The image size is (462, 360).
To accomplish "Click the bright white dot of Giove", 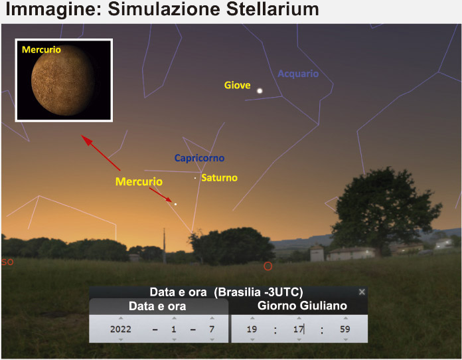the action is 260,91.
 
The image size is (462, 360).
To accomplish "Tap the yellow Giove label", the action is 238,85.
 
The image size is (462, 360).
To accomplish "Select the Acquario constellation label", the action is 298,74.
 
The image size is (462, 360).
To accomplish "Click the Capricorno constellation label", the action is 200,158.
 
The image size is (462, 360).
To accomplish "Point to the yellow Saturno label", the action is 220,178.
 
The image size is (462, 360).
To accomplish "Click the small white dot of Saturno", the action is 195,178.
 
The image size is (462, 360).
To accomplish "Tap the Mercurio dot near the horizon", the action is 176,204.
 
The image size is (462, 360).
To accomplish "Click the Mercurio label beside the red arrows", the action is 139,181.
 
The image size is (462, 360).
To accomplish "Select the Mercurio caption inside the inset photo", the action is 42,50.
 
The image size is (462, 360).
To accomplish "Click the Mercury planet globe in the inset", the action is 63,80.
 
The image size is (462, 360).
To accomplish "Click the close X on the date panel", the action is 362,292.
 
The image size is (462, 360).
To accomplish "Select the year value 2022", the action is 121,329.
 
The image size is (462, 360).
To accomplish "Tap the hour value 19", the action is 252,329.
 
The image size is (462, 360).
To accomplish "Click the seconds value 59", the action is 345,329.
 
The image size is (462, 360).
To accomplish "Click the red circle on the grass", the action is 268,266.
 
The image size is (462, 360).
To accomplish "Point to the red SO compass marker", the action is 7,262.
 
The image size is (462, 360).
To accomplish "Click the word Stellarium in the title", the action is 273,9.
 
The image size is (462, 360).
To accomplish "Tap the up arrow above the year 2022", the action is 121,318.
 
